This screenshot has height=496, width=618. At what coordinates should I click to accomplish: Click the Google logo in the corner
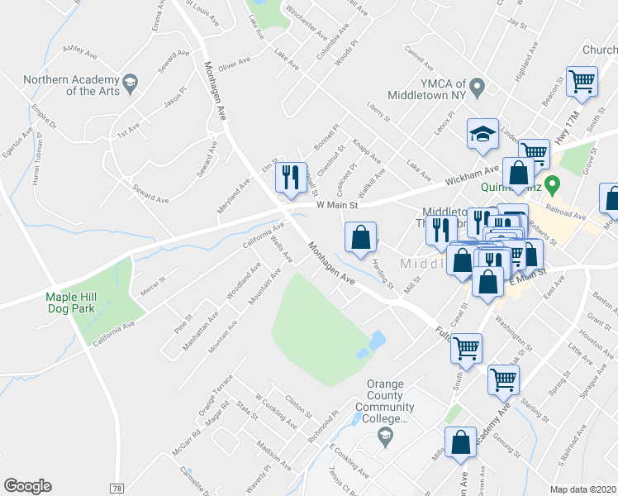point(27,486)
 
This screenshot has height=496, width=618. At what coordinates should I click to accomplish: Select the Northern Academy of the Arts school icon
point(131,83)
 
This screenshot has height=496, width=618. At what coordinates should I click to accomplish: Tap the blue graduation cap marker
point(483,134)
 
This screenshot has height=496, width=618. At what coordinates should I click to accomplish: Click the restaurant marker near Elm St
point(290,176)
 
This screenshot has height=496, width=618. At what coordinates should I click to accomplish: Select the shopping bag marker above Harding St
point(360,238)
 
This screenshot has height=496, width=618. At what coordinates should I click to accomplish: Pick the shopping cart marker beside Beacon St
point(582,82)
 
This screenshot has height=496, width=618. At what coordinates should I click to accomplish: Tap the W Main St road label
point(336,204)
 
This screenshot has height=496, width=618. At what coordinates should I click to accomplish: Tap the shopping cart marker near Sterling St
point(503,380)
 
